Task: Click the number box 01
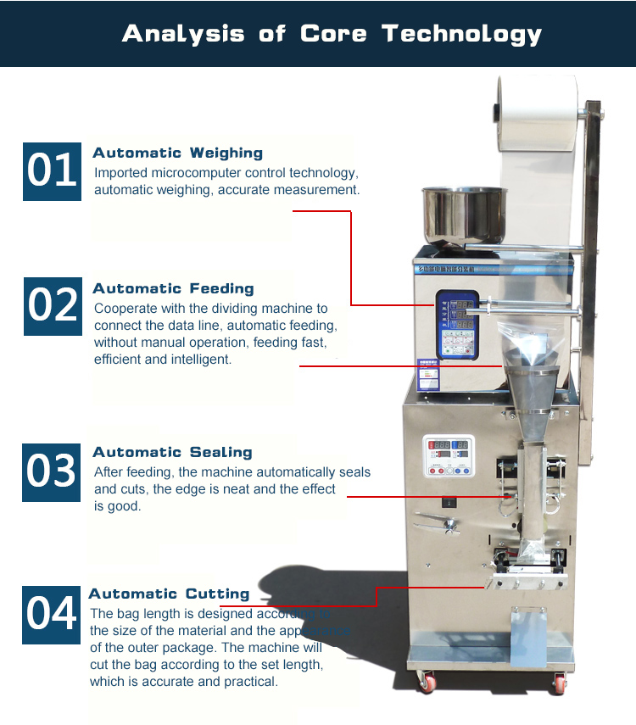click(x=53, y=171)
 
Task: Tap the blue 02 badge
click(x=53, y=305)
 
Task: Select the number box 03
click(x=53, y=471)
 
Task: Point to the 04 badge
click(x=53, y=614)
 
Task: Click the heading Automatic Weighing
click(x=177, y=153)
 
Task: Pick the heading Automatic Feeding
click(x=173, y=289)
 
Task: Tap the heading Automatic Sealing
click(x=172, y=453)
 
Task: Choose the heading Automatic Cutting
click(x=169, y=594)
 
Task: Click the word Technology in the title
click(x=461, y=34)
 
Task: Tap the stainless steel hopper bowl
click(x=464, y=214)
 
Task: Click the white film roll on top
click(x=538, y=110)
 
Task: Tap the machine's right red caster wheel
click(x=560, y=683)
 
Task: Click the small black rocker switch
click(x=449, y=503)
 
